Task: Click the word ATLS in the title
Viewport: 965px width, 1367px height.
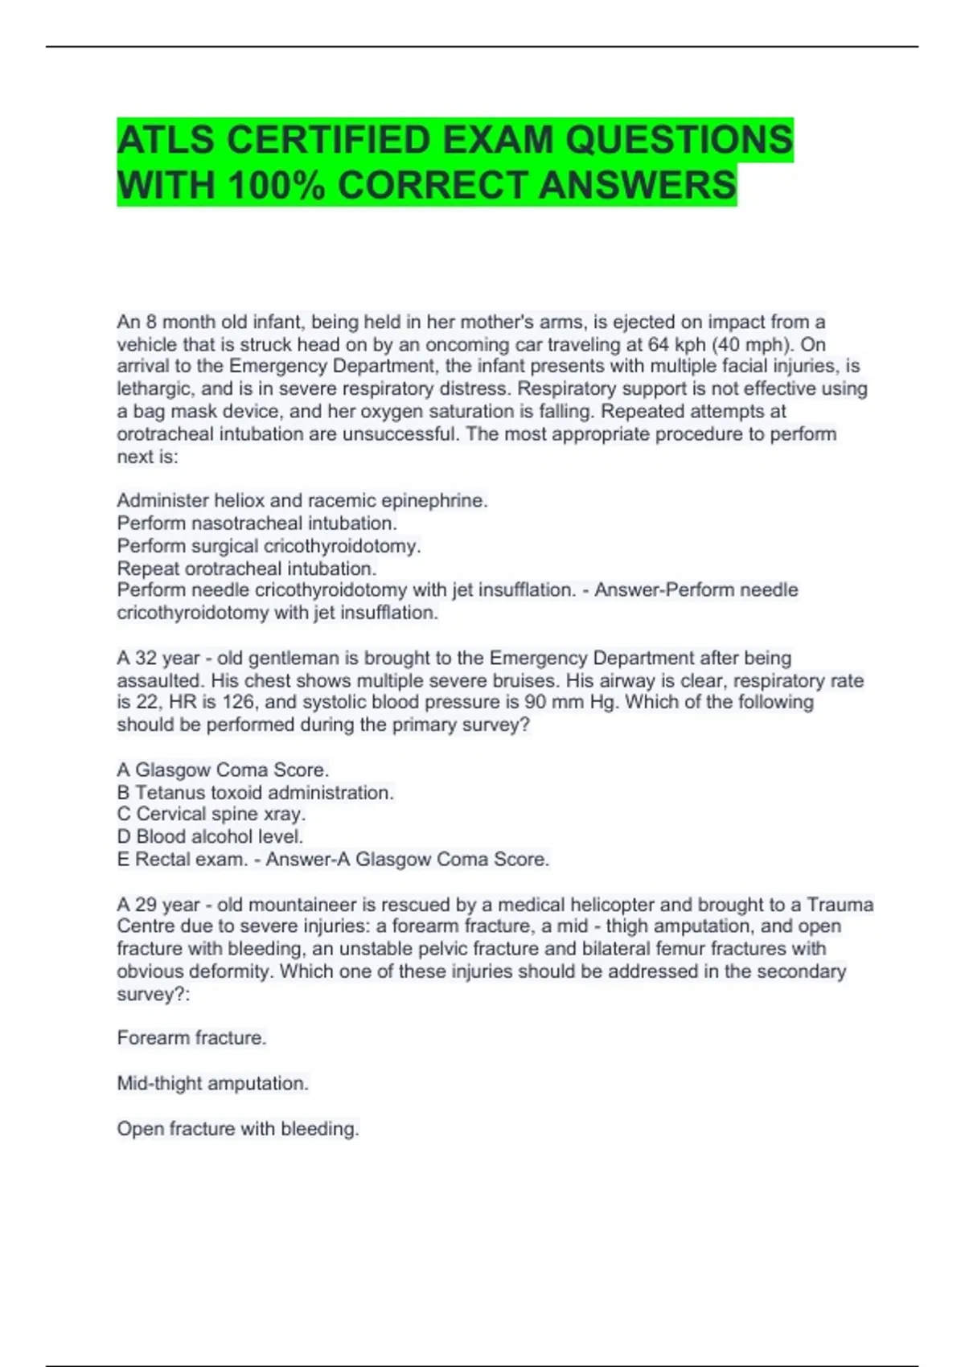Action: (166, 141)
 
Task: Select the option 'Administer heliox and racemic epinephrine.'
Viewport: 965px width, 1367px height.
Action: (302, 500)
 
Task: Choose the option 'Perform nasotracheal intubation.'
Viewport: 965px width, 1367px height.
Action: (257, 523)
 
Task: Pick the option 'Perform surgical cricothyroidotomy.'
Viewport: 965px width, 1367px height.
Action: (269, 546)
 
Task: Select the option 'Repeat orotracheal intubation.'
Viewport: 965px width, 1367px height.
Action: (247, 569)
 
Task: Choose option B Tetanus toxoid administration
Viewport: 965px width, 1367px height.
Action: (255, 792)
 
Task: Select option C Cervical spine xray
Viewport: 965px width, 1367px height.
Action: (211, 814)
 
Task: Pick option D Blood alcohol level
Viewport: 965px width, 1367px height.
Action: (210, 836)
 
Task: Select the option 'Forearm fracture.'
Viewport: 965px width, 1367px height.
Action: (191, 1038)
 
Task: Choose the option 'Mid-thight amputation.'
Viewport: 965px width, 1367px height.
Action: (212, 1083)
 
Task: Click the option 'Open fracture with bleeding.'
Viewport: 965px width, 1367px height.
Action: (238, 1129)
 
